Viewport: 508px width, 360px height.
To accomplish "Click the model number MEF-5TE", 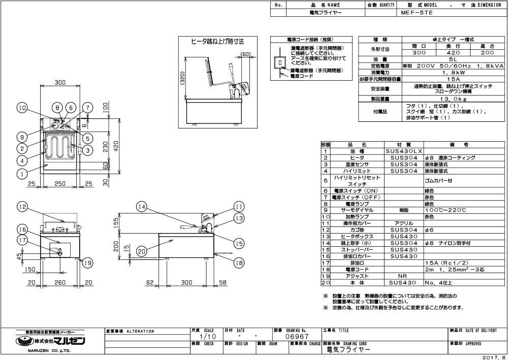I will [x=417, y=13].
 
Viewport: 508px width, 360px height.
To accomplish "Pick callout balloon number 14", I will [x=142, y=207].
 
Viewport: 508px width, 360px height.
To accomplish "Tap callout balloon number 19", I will [x=88, y=263].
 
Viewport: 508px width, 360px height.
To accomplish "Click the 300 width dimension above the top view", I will [x=60, y=82].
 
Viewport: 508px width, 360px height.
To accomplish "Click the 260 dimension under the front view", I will [x=60, y=282].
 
